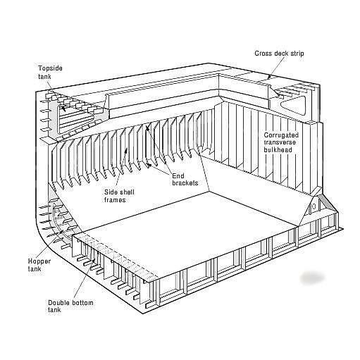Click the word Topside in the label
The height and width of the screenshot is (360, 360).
(x=50, y=68)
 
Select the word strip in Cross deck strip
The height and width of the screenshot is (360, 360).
(x=297, y=54)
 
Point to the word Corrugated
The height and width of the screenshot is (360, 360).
(x=281, y=135)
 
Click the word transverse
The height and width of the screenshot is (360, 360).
(x=280, y=142)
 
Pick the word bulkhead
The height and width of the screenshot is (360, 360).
(x=278, y=149)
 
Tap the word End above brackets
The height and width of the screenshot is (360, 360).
(x=178, y=176)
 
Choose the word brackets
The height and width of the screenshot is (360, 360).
(x=185, y=183)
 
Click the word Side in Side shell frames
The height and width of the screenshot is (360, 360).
(x=111, y=192)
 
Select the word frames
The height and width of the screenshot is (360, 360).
(x=115, y=200)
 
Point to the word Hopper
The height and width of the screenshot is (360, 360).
(x=39, y=261)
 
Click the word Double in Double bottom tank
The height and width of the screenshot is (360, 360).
(x=58, y=302)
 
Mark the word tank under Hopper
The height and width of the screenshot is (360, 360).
(x=35, y=268)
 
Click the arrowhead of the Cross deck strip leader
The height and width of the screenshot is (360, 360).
(x=270, y=77)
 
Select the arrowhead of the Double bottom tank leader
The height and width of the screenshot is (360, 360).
(x=94, y=261)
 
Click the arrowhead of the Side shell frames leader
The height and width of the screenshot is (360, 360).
(x=127, y=150)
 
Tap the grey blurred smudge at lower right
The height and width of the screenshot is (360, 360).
(x=313, y=278)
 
